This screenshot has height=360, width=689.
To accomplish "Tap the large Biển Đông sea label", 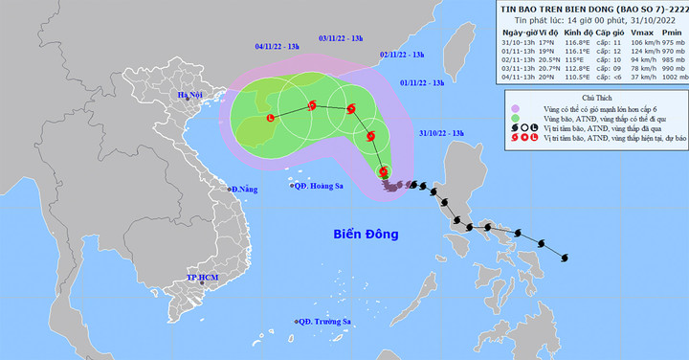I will click(x=367, y=234).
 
